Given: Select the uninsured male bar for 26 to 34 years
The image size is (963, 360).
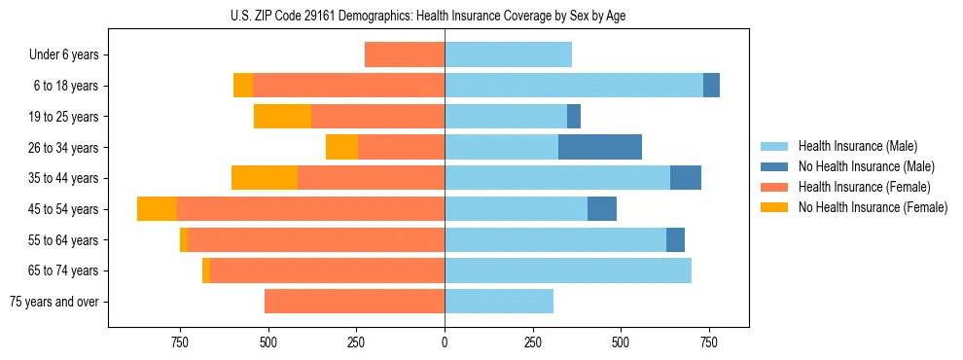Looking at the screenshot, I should [600, 147].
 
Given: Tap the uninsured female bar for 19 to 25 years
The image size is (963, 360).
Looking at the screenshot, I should [282, 117].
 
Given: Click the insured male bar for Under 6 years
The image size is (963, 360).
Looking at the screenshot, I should [508, 54].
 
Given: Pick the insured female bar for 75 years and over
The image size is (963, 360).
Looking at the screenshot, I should [354, 302].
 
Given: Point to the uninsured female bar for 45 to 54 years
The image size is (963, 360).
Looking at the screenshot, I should [157, 209].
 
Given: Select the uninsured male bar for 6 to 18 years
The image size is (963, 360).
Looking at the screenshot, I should [711, 86].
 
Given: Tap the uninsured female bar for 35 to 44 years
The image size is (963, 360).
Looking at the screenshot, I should [265, 178].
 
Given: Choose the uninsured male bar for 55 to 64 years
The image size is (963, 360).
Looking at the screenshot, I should [675, 239].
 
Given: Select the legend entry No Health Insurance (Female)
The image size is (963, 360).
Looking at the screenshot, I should [873, 207].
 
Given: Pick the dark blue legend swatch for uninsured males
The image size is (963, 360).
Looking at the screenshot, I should [774, 166].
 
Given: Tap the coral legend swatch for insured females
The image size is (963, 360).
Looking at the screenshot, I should [774, 187].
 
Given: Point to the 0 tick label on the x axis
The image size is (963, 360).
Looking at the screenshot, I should [445, 342].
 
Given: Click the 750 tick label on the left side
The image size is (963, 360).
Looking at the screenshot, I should [180, 342].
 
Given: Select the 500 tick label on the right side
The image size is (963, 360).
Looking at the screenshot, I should [621, 342].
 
